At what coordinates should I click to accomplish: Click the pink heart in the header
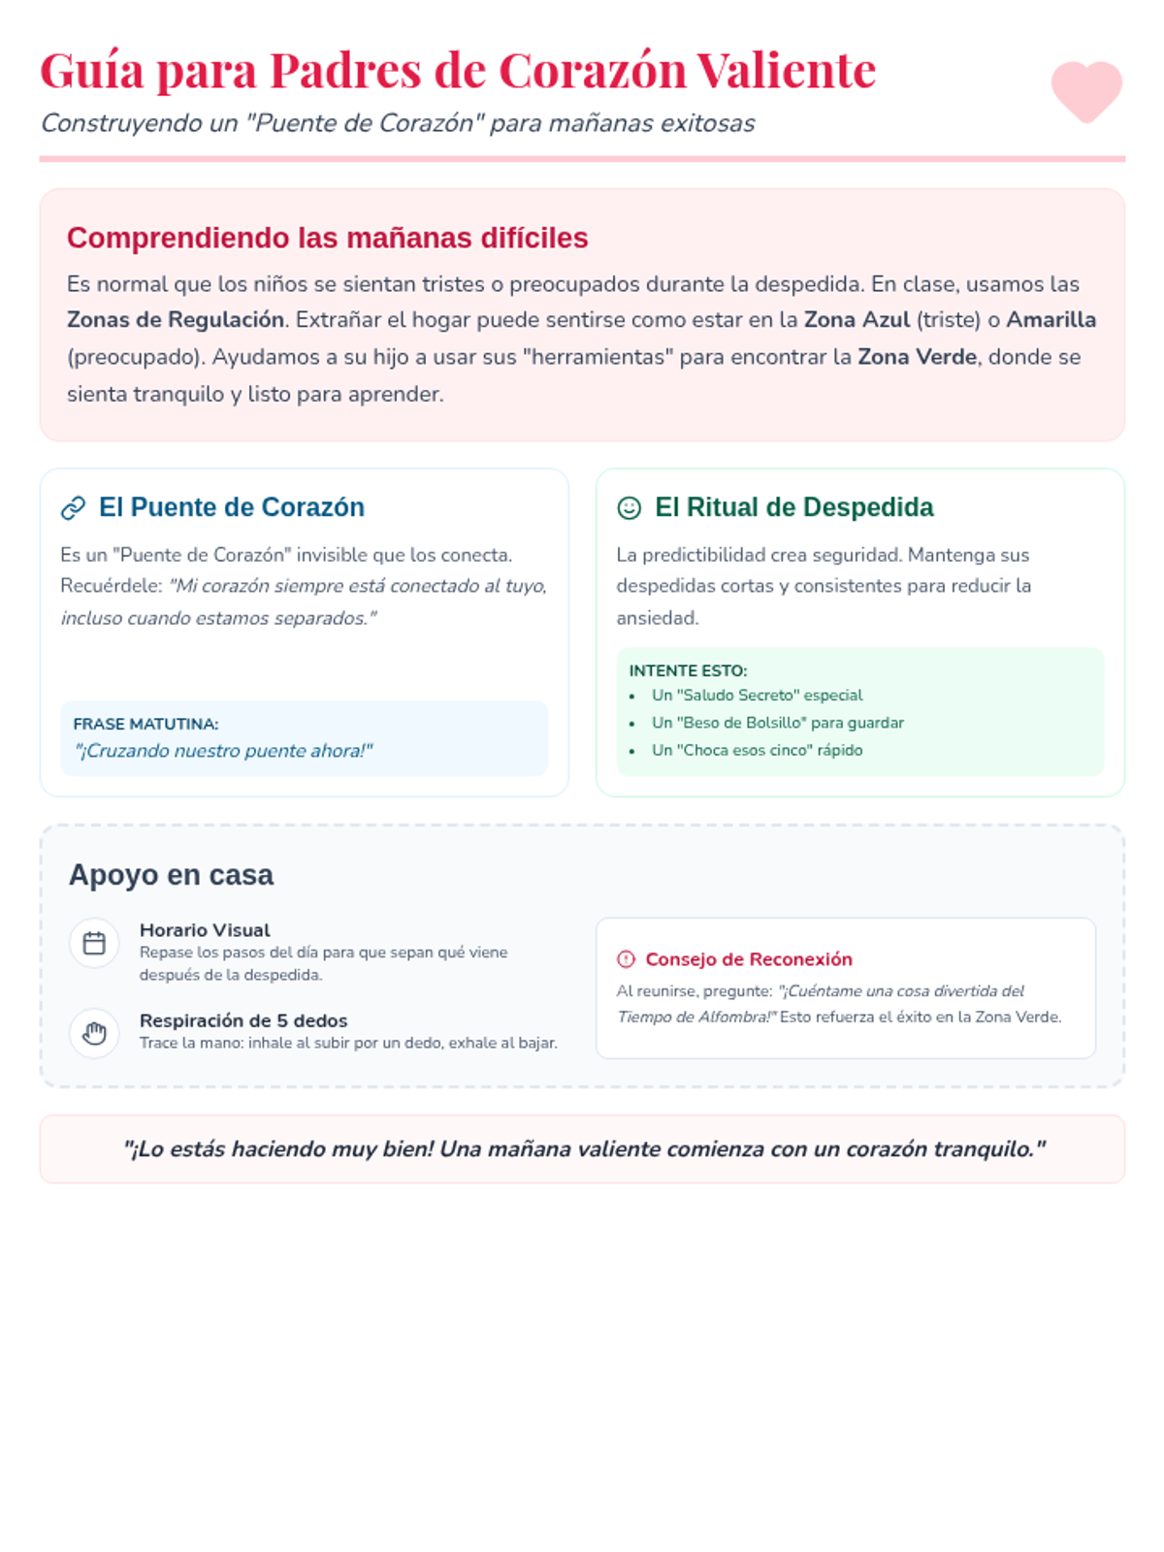(x=1086, y=91)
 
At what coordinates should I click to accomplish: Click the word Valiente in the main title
(x=786, y=71)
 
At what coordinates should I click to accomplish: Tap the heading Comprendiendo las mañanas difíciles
(x=327, y=238)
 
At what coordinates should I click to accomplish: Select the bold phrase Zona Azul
(x=857, y=320)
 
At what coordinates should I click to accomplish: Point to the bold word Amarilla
(x=1051, y=320)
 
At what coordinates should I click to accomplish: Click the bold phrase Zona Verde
(x=917, y=357)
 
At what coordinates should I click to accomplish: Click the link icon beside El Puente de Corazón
(x=74, y=507)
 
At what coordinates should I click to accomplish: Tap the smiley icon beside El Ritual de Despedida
(x=630, y=507)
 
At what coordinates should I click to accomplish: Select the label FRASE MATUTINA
(x=145, y=724)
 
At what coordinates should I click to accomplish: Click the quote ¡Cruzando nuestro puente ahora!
(x=223, y=751)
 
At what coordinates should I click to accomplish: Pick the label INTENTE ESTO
(x=688, y=670)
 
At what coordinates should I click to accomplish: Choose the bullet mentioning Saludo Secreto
(x=757, y=695)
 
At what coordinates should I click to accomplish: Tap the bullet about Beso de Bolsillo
(x=777, y=723)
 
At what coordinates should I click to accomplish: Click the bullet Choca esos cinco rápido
(x=757, y=750)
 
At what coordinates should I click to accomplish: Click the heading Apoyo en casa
(x=171, y=875)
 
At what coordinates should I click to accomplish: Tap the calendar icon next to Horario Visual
(x=94, y=943)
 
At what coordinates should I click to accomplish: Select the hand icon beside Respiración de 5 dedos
(x=94, y=1033)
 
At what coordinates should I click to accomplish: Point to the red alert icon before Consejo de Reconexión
(x=626, y=959)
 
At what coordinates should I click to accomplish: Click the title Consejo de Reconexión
(x=749, y=959)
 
